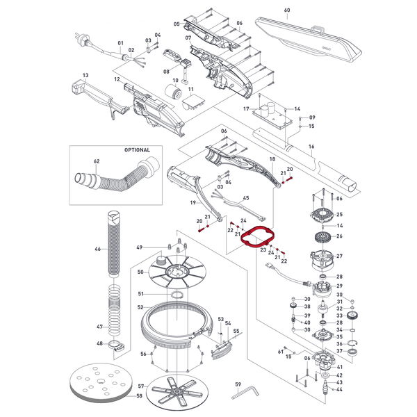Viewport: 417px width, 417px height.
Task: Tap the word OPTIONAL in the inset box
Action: tap(137, 150)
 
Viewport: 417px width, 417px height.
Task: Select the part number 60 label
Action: tap(287, 10)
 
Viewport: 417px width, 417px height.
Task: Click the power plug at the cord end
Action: tap(81, 39)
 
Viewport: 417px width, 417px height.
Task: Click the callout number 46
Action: tap(97, 249)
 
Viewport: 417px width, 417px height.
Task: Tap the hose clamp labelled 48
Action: tap(117, 346)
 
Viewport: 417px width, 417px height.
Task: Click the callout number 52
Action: tap(140, 307)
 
